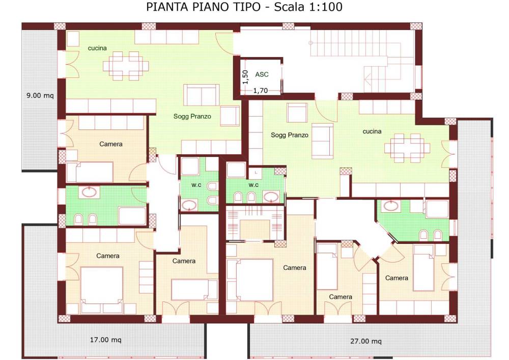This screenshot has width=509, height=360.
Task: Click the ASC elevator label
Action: [x=262, y=74]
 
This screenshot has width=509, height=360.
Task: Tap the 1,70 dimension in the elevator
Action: [x=260, y=91]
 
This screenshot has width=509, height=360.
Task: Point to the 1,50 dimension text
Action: [x=245, y=77]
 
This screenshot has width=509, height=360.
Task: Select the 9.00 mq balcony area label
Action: [x=40, y=95]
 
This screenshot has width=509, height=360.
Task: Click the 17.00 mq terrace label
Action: [x=105, y=340]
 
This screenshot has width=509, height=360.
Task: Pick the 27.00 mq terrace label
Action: [x=366, y=341]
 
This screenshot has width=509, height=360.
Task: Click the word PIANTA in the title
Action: [x=168, y=7]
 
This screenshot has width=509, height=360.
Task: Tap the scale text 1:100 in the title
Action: [x=325, y=7]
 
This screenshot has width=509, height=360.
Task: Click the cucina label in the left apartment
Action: [x=97, y=48]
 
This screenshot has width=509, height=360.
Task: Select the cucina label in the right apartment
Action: [x=372, y=131]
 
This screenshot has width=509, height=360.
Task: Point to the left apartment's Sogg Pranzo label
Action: [x=192, y=116]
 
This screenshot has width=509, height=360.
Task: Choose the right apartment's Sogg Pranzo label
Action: [x=290, y=135]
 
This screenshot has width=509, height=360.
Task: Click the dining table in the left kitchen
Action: [x=126, y=66]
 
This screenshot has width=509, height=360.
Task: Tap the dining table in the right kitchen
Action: [x=407, y=148]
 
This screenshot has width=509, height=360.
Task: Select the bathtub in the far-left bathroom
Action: [x=132, y=216]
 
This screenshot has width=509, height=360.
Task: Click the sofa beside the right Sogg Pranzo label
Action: [x=322, y=141]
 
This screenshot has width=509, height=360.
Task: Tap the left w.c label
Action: [x=196, y=185]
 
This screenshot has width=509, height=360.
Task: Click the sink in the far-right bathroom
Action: [x=391, y=206]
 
